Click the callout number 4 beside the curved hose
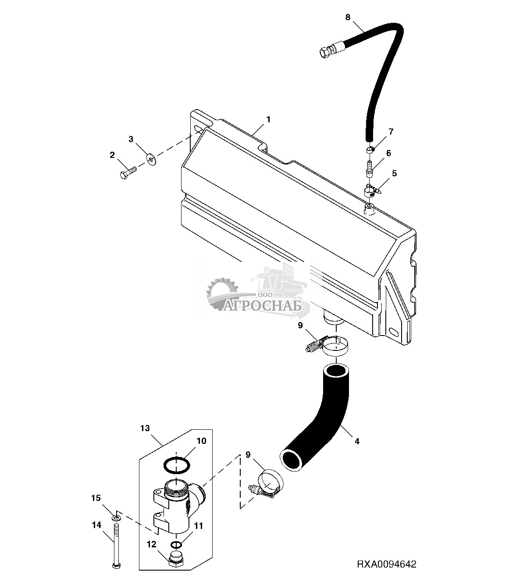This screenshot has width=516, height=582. (x=357, y=442)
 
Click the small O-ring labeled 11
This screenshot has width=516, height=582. (x=175, y=544)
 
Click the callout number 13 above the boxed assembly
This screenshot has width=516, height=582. (x=145, y=428)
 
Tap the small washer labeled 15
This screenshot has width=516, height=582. (x=116, y=518)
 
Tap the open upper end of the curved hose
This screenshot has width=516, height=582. (x=335, y=371)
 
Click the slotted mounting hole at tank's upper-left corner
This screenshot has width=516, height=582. (x=200, y=130)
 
